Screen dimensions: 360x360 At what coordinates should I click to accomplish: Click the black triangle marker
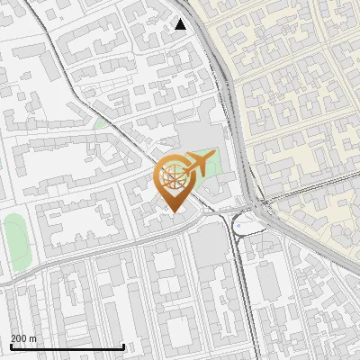pyautogui.click(x=181, y=24)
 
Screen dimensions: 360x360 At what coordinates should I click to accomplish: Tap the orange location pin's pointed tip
pyautogui.click(x=175, y=211)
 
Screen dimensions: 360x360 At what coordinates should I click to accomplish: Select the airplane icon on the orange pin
pyautogui.click(x=197, y=165)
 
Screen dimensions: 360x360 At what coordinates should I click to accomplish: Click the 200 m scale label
pyautogui.click(x=23, y=338)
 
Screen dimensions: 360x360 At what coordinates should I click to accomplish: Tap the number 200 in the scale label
pyautogui.click(x=19, y=338)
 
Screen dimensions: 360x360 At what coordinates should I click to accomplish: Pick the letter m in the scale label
pyautogui.click(x=32, y=339)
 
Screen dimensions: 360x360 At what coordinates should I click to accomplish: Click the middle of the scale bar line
pyautogui.click(x=67, y=347)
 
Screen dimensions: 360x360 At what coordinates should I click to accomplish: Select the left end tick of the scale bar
pyautogui.click(x=11, y=346)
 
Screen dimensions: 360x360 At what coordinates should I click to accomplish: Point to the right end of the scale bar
pyautogui.click(x=124, y=346)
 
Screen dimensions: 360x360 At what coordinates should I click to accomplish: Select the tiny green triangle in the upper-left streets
pyautogui.click(x=101, y=122)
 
